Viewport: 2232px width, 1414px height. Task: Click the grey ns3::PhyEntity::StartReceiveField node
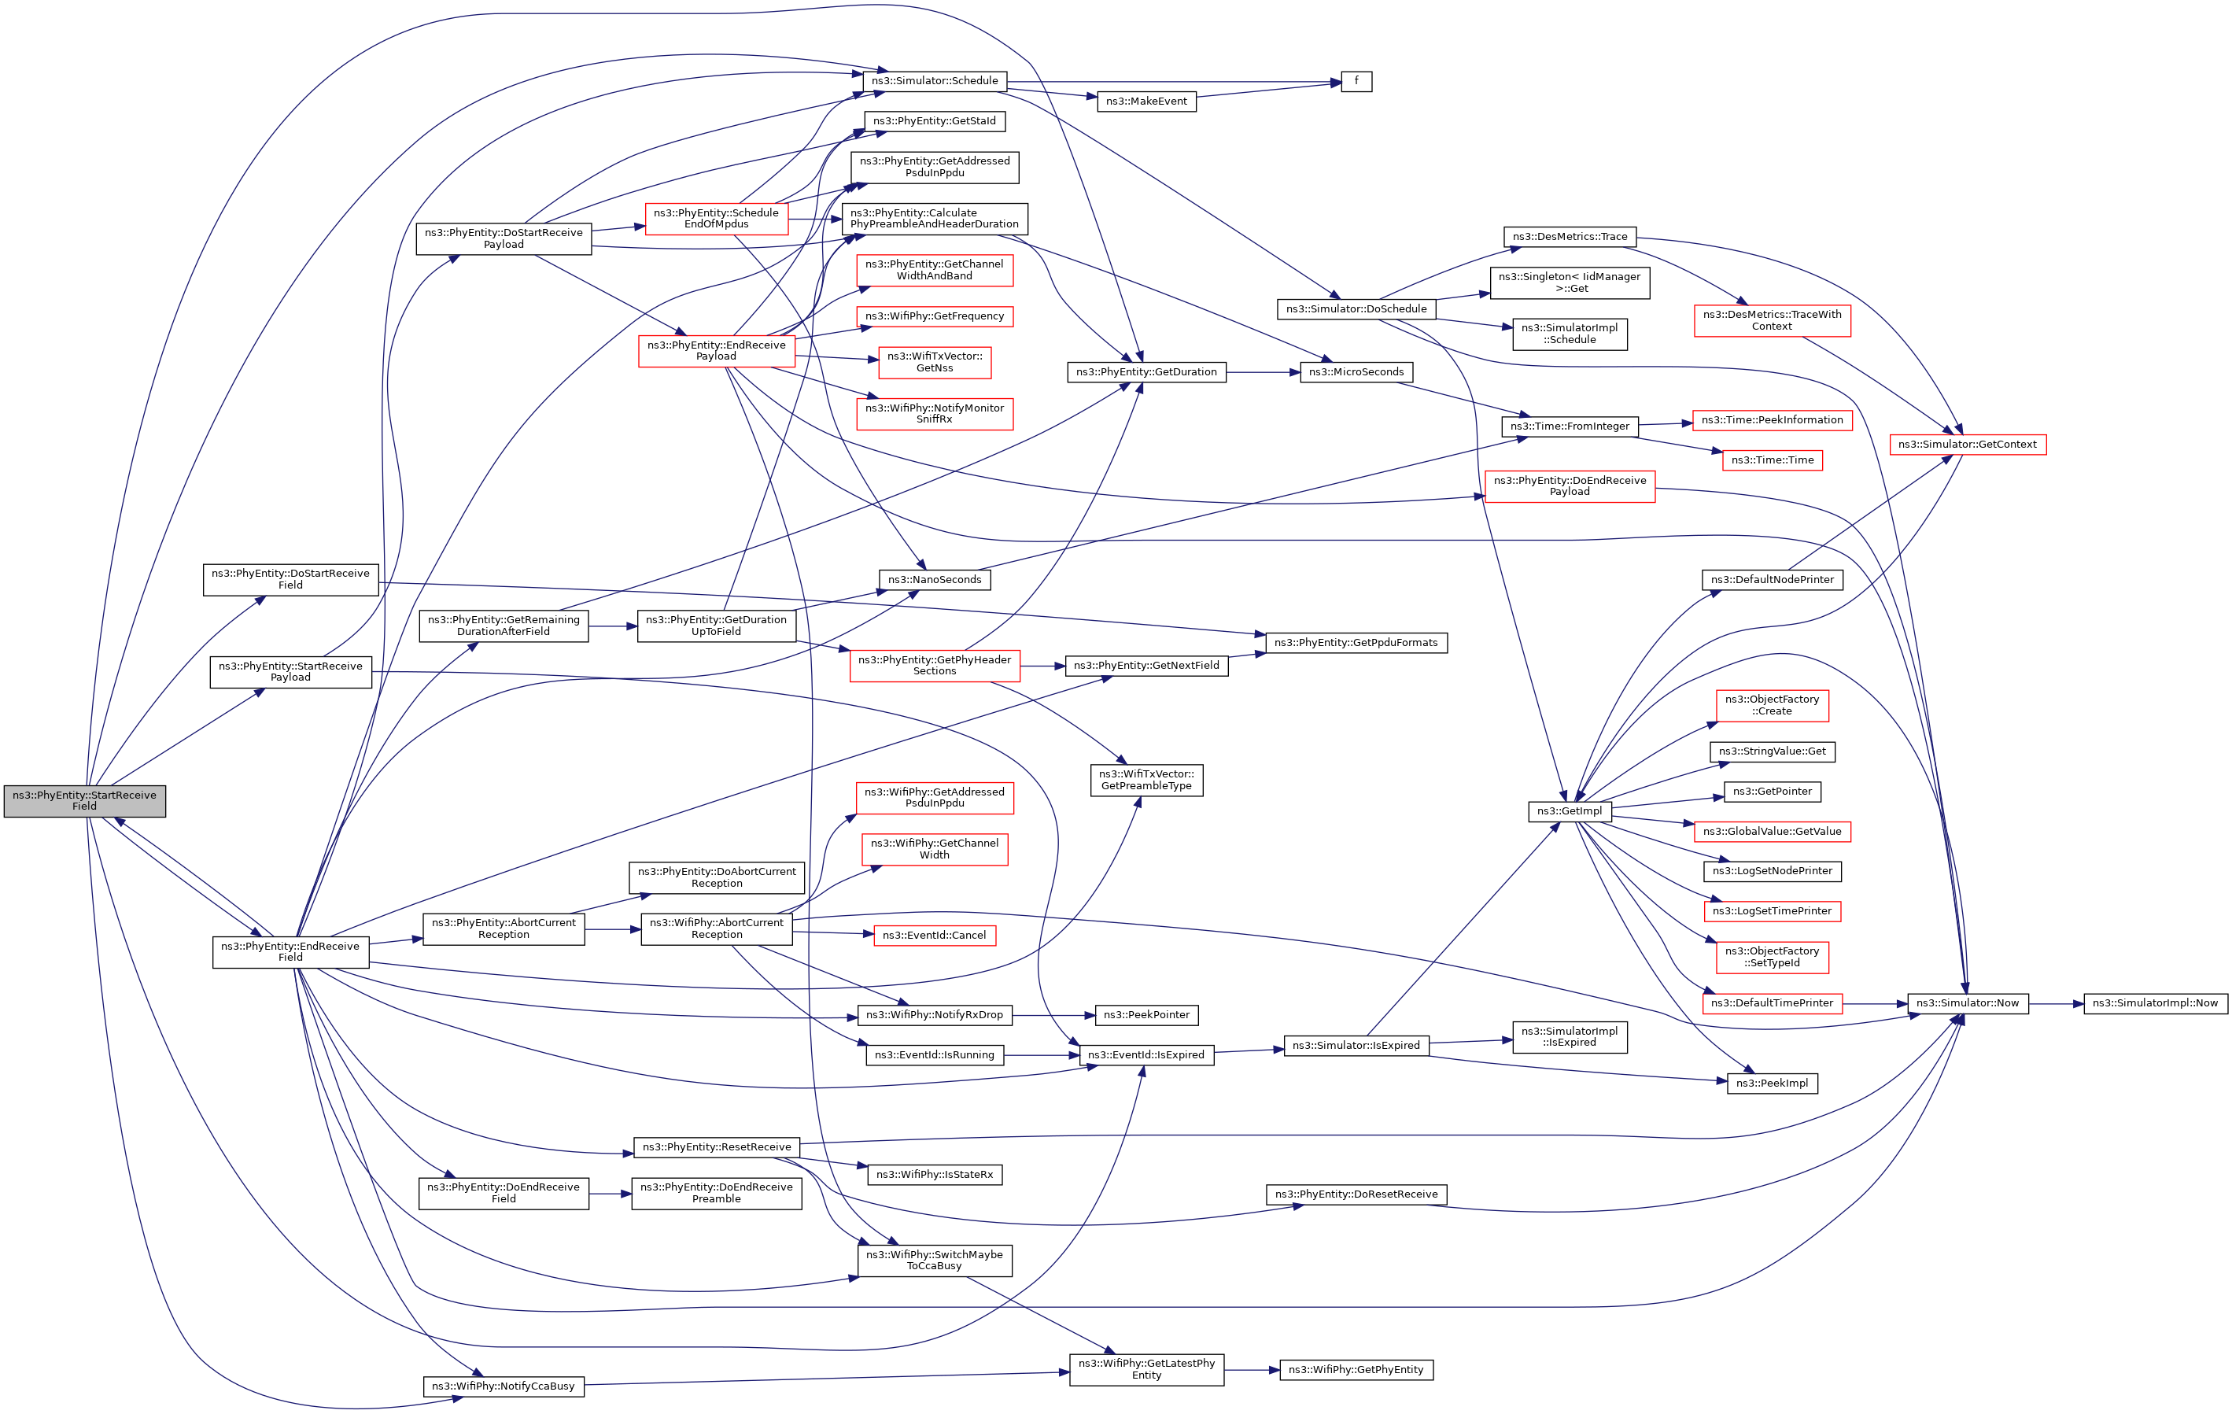(x=84, y=801)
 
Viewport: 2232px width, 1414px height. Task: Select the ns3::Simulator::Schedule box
(x=935, y=82)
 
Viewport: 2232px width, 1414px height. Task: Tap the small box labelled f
(x=1356, y=82)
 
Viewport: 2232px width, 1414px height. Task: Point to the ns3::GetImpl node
(x=1570, y=811)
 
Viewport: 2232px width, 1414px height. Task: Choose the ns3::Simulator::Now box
(x=1967, y=1003)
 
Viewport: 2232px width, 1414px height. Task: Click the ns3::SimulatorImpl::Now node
(x=2155, y=1003)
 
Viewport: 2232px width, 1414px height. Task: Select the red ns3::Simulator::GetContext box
(x=1967, y=445)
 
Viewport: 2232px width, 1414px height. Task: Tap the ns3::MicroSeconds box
(x=1356, y=373)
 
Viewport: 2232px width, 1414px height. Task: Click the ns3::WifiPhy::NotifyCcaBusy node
(x=504, y=1386)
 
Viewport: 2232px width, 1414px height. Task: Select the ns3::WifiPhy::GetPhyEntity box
(x=1356, y=1371)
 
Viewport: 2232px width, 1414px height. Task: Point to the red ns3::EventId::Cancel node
(x=935, y=936)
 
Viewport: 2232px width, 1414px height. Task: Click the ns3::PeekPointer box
(x=1146, y=1015)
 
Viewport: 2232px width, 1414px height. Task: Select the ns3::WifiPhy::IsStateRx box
(x=935, y=1175)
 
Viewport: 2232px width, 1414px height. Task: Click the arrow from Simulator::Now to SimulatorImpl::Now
(x=2056, y=1003)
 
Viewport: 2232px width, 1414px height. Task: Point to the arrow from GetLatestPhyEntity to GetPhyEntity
(x=1252, y=1371)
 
